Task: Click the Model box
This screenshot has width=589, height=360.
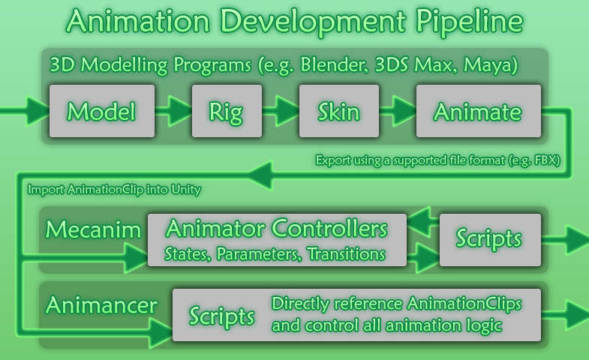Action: click(102, 111)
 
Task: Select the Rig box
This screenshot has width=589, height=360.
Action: click(227, 111)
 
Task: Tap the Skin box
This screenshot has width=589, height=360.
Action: click(339, 111)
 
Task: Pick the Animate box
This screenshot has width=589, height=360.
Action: click(479, 111)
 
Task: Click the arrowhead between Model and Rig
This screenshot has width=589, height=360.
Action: click(179, 111)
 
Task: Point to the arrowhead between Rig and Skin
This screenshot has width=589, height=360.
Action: click(287, 111)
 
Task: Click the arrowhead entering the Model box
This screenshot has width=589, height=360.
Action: click(38, 111)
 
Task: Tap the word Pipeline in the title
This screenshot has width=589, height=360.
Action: click(469, 22)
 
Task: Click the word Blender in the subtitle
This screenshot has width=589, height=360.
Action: click(335, 64)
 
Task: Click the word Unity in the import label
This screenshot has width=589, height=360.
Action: click(186, 190)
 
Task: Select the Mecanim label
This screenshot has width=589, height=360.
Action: click(93, 229)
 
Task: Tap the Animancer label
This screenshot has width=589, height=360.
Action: click(101, 304)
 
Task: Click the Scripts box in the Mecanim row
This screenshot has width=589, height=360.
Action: click(490, 240)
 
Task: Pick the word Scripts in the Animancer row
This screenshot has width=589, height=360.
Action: click(221, 316)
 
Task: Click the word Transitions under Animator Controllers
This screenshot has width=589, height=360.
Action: click(346, 254)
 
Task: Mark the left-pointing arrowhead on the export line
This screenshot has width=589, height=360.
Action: click(260, 175)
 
